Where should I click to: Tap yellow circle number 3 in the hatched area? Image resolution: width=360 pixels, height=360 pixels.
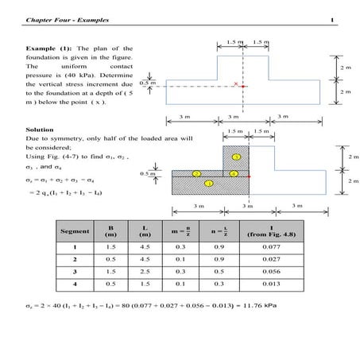(x=236, y=157)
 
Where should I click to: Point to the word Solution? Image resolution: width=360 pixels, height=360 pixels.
(x=39, y=126)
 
